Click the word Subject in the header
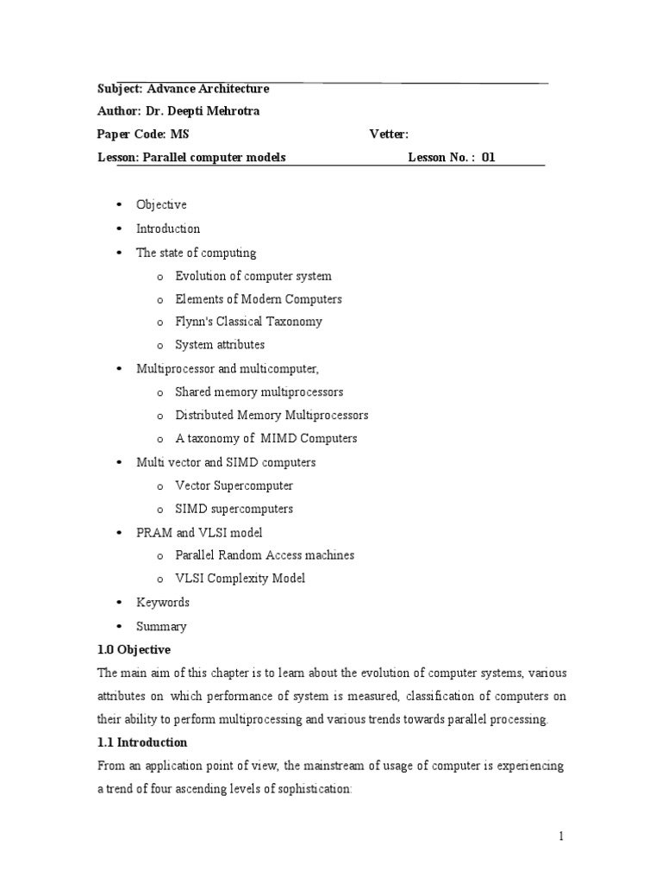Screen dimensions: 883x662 (x=120, y=89)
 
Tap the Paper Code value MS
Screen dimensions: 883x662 (x=179, y=134)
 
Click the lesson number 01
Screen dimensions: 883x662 (x=489, y=157)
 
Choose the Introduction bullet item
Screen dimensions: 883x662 (x=168, y=229)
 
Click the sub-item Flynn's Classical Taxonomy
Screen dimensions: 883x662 (x=248, y=322)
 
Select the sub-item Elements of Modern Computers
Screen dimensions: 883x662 (x=258, y=299)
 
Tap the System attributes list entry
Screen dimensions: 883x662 (x=220, y=345)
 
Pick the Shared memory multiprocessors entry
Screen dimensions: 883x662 (x=259, y=391)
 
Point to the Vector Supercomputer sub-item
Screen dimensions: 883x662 (x=234, y=485)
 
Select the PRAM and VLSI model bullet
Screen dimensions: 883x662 (x=199, y=532)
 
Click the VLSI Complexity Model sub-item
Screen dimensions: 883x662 (x=240, y=579)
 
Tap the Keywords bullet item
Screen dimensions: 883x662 (x=162, y=602)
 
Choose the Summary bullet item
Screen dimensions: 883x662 (x=161, y=626)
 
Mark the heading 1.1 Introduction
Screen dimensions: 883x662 (x=141, y=742)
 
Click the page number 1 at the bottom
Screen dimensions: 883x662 (x=560, y=836)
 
